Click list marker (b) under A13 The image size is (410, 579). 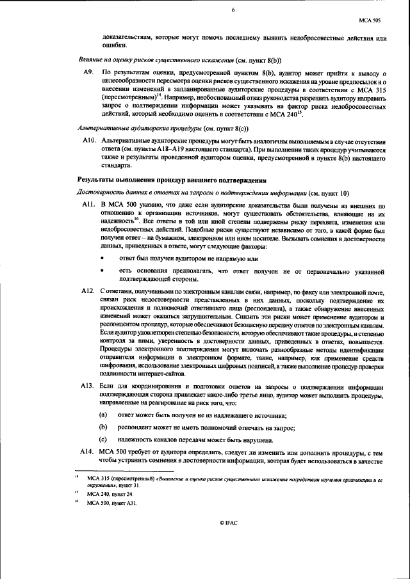point(102,427)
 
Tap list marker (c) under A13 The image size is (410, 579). point(102,440)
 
